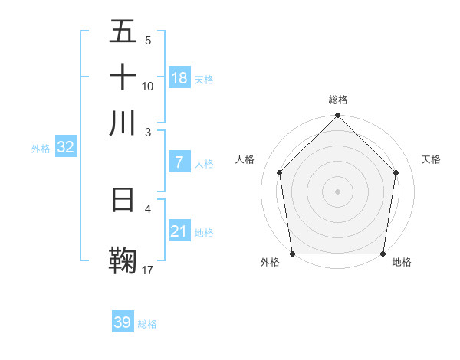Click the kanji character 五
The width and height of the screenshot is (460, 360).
[123, 33]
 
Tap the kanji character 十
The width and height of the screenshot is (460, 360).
[123, 77]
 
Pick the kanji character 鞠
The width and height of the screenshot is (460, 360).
[123, 258]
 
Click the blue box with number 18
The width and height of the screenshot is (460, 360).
[179, 78]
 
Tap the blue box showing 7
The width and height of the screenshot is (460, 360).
[179, 162]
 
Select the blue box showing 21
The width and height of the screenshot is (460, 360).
[179, 231]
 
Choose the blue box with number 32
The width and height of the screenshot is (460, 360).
[65, 148]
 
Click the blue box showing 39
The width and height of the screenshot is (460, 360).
[123, 322]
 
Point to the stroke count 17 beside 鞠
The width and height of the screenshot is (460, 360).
[148, 270]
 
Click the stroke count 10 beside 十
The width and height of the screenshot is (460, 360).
[148, 87]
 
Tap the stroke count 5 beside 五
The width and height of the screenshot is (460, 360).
[147, 40]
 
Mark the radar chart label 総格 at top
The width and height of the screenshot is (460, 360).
[338, 100]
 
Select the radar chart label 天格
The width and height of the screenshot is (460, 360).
[432, 159]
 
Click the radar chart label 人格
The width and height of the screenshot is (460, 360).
[245, 159]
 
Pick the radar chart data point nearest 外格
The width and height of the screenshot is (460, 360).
[293, 254]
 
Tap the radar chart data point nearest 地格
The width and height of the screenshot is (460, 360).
[383, 254]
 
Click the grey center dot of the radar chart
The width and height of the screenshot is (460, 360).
[338, 191]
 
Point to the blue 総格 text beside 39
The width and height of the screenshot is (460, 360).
[148, 324]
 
